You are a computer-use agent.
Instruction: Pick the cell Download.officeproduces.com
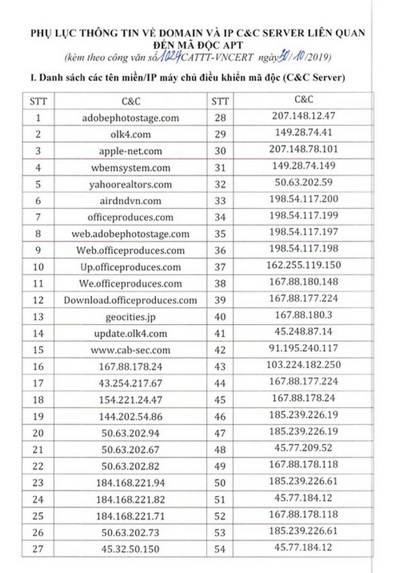tap(130, 300)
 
